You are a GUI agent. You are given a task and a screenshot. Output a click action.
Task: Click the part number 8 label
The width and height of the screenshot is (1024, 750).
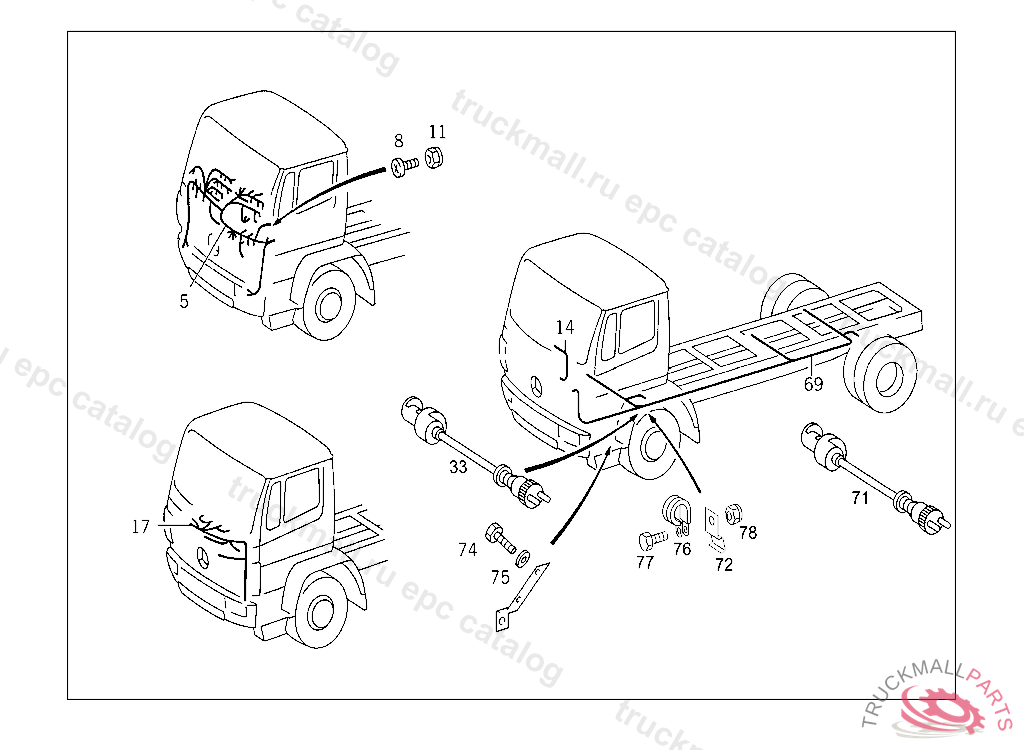coord(398,141)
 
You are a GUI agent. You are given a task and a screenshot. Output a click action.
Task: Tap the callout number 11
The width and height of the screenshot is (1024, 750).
coord(437,132)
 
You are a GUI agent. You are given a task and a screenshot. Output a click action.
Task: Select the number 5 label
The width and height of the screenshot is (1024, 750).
coord(184,301)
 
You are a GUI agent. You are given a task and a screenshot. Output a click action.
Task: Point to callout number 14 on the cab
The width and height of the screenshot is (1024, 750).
coord(565,327)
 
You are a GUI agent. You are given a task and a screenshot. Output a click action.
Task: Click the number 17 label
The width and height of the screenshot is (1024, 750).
coord(140,525)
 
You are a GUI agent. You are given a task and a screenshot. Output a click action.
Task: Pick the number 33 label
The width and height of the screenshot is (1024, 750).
coord(458,467)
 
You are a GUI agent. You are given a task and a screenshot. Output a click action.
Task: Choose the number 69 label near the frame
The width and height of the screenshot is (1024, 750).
coord(814,384)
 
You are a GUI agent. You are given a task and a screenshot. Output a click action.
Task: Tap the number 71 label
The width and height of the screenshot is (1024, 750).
coord(860,498)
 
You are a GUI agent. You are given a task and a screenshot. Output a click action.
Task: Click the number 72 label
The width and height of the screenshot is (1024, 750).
coord(723,565)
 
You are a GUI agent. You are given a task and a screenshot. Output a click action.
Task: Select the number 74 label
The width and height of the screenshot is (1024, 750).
coord(468,549)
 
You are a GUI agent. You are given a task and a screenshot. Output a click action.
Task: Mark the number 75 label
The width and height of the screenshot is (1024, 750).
coord(500,576)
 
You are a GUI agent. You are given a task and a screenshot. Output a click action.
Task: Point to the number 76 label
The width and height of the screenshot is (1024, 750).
coord(682,548)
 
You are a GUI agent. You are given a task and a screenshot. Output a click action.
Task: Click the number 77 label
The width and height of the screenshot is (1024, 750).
coord(645,563)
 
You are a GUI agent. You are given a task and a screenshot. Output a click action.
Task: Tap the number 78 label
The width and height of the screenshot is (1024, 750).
coord(748,533)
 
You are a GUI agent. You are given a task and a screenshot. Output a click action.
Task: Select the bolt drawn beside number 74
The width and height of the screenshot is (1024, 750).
coord(499,538)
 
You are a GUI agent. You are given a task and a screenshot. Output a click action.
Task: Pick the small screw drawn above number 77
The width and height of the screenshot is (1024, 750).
coord(651,540)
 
